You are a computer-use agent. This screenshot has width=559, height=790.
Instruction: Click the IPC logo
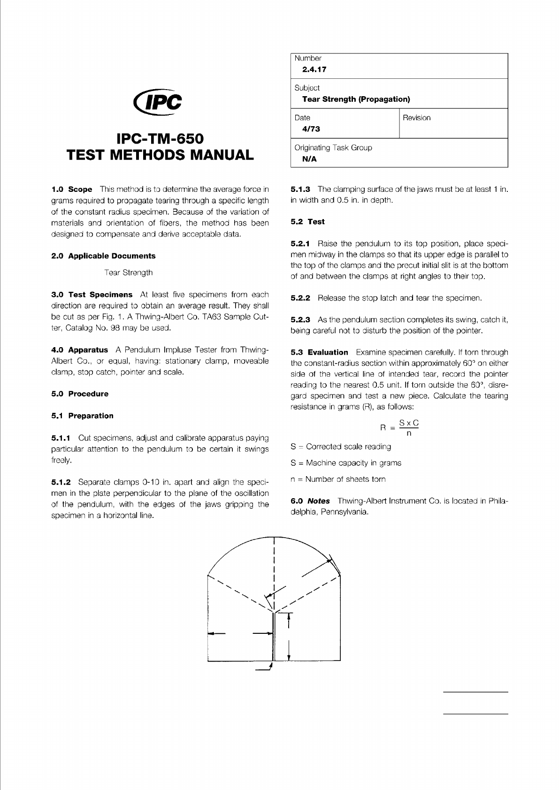(158, 101)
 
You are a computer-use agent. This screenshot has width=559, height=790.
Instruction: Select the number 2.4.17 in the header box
(314, 69)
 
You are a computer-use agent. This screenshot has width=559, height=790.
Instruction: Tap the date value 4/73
(311, 129)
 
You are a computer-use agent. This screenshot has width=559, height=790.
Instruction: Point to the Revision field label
(416, 118)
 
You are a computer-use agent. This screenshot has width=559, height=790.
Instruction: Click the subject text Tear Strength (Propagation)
(356, 99)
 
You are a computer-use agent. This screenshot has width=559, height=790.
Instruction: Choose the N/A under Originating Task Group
(309, 159)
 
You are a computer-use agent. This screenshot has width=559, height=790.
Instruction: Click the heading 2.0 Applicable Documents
(103, 256)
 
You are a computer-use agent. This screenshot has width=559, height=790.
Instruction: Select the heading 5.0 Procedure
(80, 394)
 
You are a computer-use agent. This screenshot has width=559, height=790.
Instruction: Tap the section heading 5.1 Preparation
(82, 416)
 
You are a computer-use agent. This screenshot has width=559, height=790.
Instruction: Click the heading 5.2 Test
(307, 222)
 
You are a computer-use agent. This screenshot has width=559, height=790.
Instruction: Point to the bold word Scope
(80, 190)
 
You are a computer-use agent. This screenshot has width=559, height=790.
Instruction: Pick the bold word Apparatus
(88, 350)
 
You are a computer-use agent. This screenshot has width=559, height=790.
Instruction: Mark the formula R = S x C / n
(399, 428)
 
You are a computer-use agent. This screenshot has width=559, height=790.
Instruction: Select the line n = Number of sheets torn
(338, 479)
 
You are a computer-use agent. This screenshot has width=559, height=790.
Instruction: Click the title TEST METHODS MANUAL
(160, 155)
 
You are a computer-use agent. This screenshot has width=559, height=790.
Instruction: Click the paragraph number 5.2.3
(300, 320)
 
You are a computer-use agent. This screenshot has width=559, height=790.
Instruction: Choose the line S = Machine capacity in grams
(346, 463)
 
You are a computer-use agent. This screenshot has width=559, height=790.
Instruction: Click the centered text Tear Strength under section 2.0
(129, 273)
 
